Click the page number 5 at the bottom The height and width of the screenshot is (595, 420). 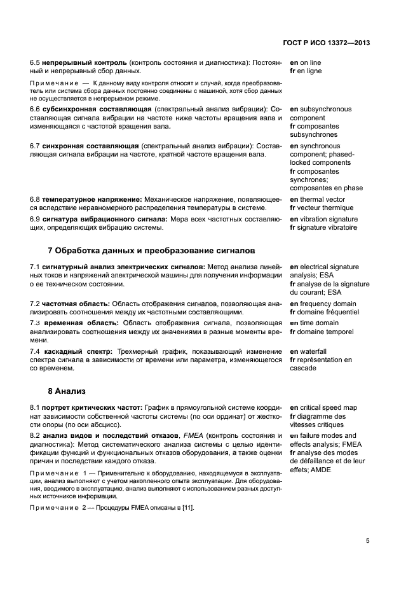[368, 540]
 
